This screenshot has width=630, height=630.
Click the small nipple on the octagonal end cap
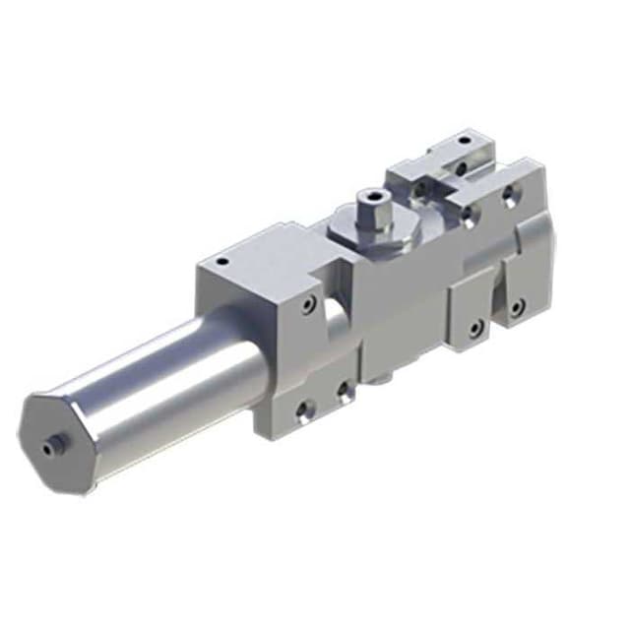coord(48,446)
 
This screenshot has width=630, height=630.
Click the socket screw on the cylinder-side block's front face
coord(310,305)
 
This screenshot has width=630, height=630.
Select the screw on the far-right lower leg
coord(516,307)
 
